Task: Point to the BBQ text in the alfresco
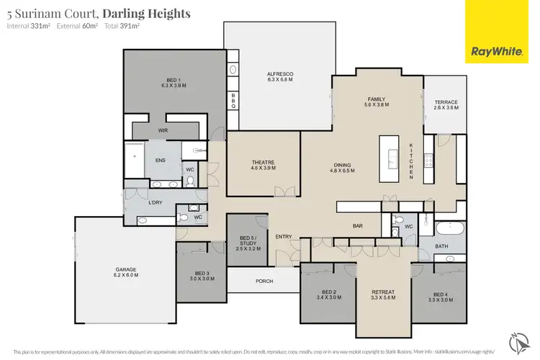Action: click(233, 101)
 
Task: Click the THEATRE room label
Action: click(264, 163)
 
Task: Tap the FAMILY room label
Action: click(377, 101)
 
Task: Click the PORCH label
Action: click(264, 281)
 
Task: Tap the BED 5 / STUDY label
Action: click(247, 243)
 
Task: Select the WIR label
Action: click(163, 130)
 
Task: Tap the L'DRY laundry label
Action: click(154, 202)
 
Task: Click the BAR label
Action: click(357, 225)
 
